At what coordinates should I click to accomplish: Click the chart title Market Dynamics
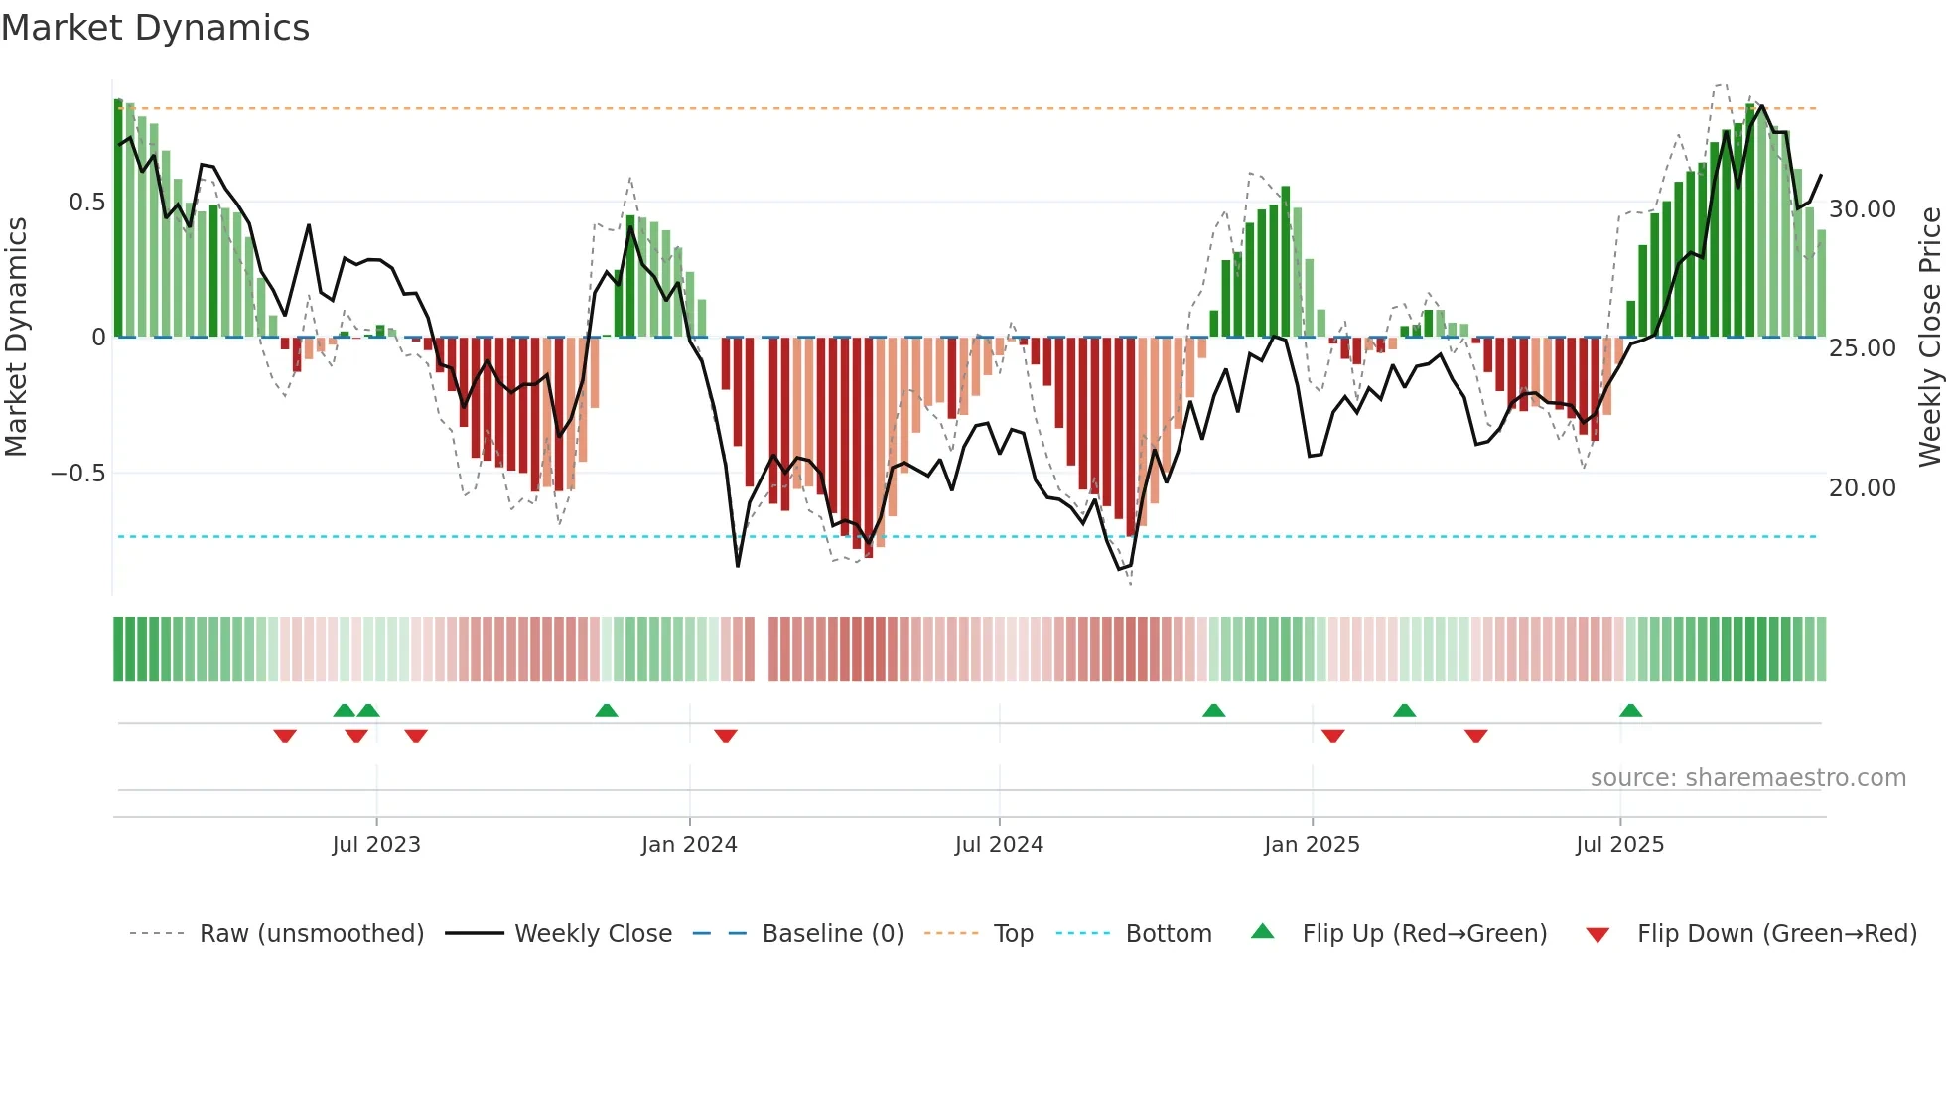tap(156, 28)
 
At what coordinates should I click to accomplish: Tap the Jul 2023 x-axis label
tap(376, 845)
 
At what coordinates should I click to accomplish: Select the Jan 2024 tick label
tap(689, 845)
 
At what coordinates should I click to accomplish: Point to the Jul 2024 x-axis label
tap(999, 845)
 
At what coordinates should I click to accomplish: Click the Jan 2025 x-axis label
tap(1312, 845)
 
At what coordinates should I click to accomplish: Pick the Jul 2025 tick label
tap(1619, 845)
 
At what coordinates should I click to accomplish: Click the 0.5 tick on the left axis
tap(86, 203)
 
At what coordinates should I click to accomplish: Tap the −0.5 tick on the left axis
tap(78, 474)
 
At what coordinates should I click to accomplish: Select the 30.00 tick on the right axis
tap(1863, 209)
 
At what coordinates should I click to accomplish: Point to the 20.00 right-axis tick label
tap(1863, 488)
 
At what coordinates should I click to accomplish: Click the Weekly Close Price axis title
tap(1929, 338)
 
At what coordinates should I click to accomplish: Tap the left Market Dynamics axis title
tap(16, 338)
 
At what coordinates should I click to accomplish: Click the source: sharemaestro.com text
tap(1747, 778)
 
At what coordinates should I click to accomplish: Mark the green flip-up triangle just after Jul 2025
tap(1630, 711)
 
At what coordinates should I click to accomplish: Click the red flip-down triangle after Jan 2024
tap(726, 735)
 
